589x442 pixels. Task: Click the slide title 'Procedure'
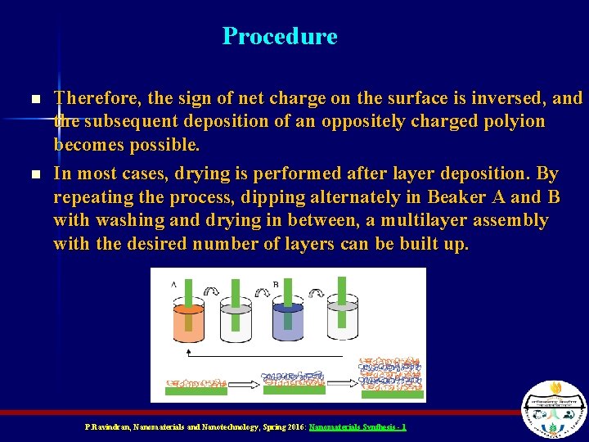[x=280, y=37]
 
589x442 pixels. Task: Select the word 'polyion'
[x=514, y=122]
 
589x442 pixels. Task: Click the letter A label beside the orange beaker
[x=173, y=284]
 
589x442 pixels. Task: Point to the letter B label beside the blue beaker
[x=275, y=284]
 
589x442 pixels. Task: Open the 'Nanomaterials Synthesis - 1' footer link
[x=357, y=427]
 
